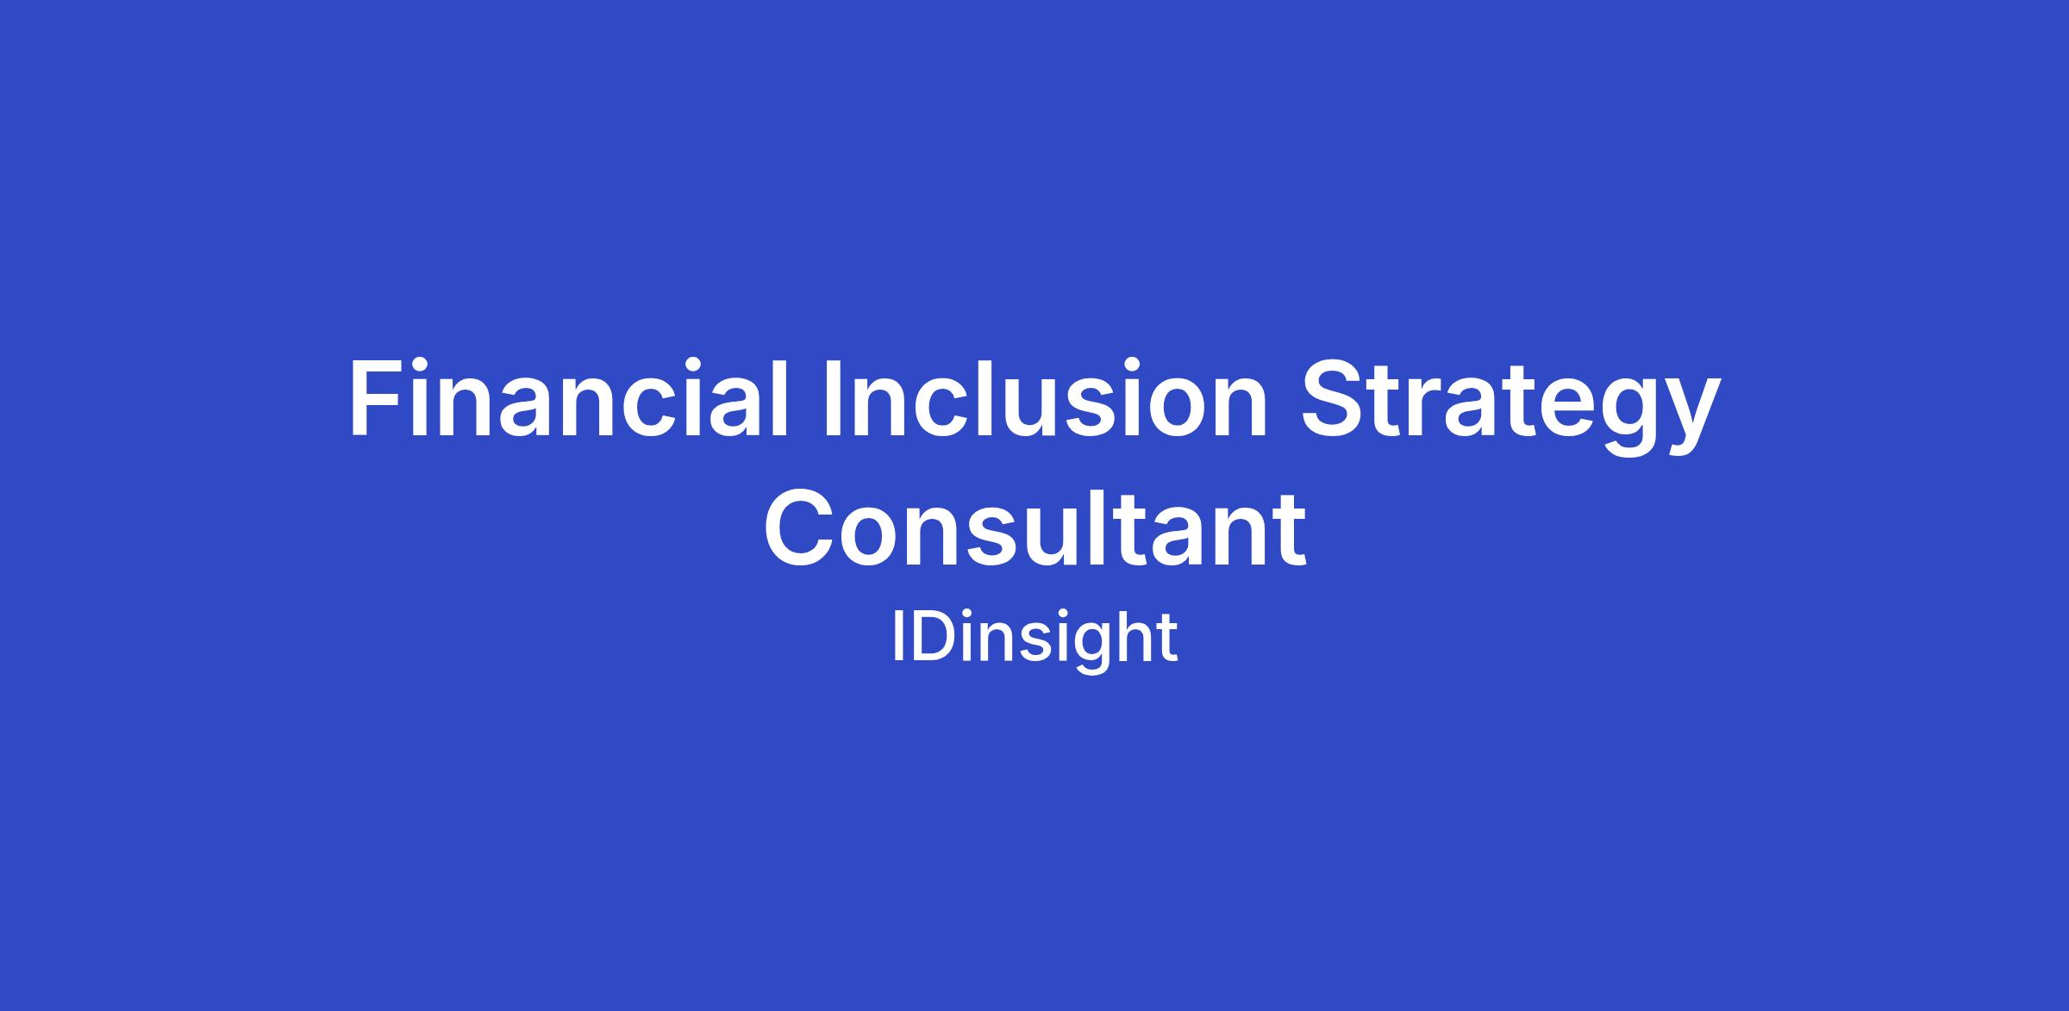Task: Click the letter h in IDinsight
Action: (1133, 637)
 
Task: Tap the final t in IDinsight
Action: (1167, 640)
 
